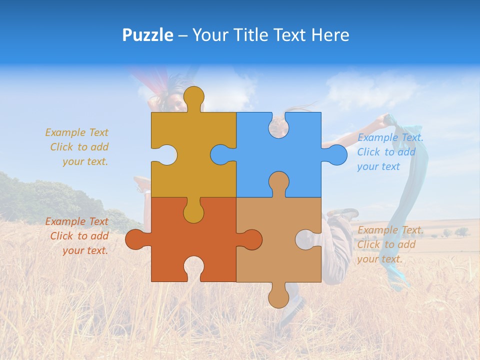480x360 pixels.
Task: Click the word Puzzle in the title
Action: click(148, 35)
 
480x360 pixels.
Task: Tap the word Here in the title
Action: click(330, 35)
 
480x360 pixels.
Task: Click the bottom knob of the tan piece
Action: click(278, 295)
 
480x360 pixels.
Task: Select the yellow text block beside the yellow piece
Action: click(78, 147)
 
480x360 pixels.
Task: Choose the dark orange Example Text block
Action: click(78, 236)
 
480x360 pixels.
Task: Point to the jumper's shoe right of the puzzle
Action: click(344, 213)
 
